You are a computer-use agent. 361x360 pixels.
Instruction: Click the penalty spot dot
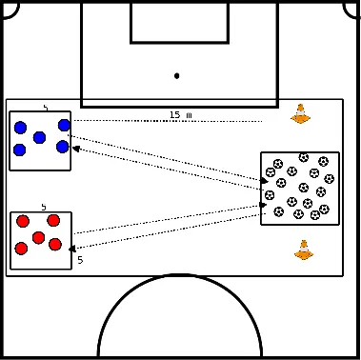pyautogui.click(x=177, y=75)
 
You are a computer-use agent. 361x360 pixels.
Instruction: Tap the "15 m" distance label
pyautogui.click(x=181, y=115)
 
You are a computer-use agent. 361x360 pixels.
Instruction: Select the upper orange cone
pyautogui.click(x=301, y=114)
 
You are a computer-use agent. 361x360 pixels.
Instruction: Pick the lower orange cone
pyautogui.click(x=304, y=250)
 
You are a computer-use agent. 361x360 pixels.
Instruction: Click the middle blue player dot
pyautogui.click(x=39, y=137)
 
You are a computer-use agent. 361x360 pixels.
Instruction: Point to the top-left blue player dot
pyautogui.click(x=20, y=128)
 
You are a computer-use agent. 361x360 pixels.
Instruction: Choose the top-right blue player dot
pyautogui.click(x=64, y=125)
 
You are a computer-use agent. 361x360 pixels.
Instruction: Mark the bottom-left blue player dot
pyautogui.click(x=19, y=150)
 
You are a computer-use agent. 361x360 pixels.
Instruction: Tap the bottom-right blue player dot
pyautogui.click(x=63, y=147)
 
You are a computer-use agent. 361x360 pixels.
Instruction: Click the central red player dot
pyautogui.click(x=38, y=237)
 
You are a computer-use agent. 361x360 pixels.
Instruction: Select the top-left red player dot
pyautogui.click(x=22, y=222)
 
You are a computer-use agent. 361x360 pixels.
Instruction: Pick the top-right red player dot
pyautogui.click(x=54, y=220)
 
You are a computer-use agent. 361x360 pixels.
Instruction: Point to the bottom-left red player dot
pyautogui.click(x=21, y=249)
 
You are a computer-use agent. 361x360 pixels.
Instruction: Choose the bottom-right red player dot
pyautogui.click(x=55, y=244)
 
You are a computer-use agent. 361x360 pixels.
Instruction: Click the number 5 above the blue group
pyautogui.click(x=45, y=109)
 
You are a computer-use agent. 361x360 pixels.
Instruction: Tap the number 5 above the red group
pyautogui.click(x=43, y=207)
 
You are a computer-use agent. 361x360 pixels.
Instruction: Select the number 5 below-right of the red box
pyautogui.click(x=80, y=259)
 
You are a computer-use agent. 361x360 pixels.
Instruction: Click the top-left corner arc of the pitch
pyautogui.click(x=8, y=8)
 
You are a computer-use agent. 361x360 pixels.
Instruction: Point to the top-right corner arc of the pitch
pyautogui.click(x=353, y=8)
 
